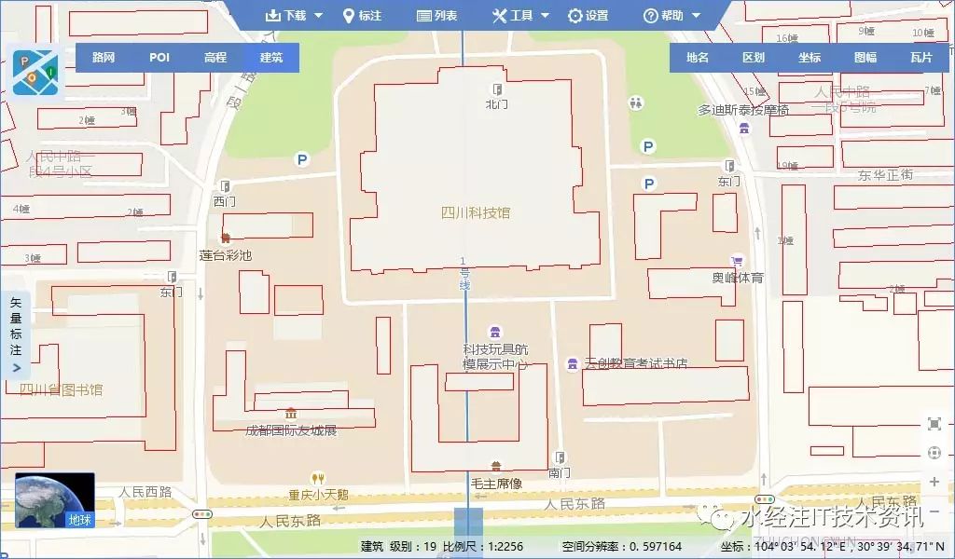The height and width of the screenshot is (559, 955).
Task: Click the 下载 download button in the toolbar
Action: click(x=294, y=15)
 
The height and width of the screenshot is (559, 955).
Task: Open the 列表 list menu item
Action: click(x=436, y=15)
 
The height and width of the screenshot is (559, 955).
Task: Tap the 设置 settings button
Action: click(x=588, y=15)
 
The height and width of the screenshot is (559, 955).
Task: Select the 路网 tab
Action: click(x=104, y=58)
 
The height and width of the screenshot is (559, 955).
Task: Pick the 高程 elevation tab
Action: click(x=215, y=58)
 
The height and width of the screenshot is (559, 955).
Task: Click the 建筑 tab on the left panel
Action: click(x=271, y=58)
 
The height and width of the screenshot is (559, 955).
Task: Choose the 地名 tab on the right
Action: click(x=698, y=58)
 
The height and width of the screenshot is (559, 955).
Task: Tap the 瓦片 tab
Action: click(x=921, y=58)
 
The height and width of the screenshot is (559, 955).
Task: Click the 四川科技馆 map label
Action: click(x=476, y=212)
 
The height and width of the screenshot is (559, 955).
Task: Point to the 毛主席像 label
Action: click(x=496, y=484)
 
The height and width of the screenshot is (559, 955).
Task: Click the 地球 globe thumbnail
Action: click(x=54, y=501)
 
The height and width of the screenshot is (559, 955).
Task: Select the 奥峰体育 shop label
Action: click(x=738, y=278)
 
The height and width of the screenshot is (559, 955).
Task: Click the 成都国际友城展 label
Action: click(x=290, y=429)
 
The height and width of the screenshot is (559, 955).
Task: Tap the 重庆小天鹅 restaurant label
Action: click(x=318, y=494)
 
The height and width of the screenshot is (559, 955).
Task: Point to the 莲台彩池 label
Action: click(x=226, y=254)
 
